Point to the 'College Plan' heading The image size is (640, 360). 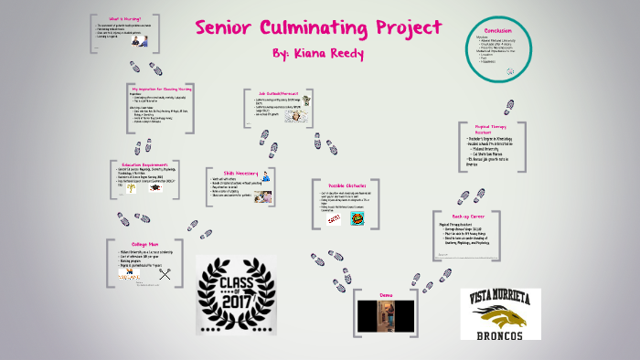[x=144, y=244]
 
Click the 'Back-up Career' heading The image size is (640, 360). [x=469, y=217]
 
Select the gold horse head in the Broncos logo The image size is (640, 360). [x=503, y=316]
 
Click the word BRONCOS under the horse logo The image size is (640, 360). [x=500, y=335]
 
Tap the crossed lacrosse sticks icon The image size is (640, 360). [x=165, y=272]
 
